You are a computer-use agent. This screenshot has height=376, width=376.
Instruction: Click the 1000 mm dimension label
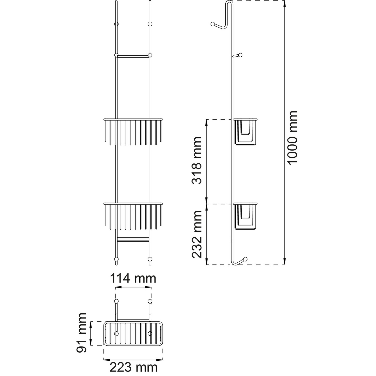click(x=292, y=137)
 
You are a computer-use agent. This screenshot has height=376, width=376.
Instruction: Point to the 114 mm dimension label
click(x=133, y=278)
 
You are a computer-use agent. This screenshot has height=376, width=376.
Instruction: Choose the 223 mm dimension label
click(x=134, y=368)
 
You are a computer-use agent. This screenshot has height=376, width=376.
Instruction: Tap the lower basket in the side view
click(x=245, y=216)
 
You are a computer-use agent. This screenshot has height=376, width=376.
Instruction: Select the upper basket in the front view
click(x=133, y=132)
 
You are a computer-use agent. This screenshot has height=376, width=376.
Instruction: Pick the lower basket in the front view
click(x=133, y=216)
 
